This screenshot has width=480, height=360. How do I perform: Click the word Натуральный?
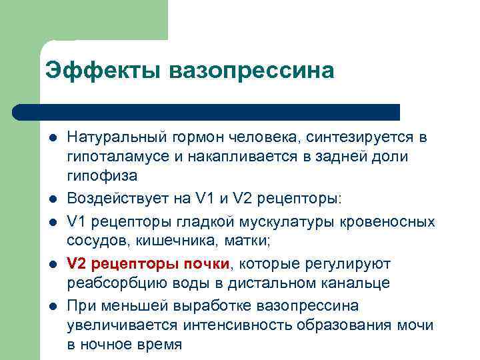pyautogui.click(x=108, y=138)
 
